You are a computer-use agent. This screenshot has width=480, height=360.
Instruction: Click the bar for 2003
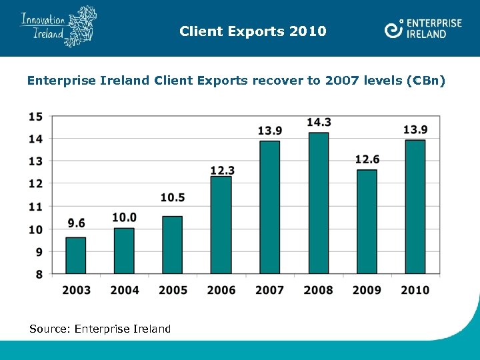(76, 255)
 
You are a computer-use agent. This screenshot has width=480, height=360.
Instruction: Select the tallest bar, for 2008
(319, 203)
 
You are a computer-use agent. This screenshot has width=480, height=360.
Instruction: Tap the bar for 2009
(367, 222)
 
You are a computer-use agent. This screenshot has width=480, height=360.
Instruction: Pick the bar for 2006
(221, 225)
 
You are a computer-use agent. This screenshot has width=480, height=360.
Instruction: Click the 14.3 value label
(319, 122)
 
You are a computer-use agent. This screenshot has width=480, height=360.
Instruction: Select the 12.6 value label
(367, 159)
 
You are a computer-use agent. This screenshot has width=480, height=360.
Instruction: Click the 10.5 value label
(173, 197)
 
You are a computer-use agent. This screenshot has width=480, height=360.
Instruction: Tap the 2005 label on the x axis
(173, 290)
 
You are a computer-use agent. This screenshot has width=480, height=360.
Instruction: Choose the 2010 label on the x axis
(415, 290)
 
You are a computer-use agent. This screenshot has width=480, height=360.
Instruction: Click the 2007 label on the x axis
(270, 290)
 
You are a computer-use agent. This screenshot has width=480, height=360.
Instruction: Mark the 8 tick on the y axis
(39, 274)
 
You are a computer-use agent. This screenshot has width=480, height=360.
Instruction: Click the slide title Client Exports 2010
(253, 31)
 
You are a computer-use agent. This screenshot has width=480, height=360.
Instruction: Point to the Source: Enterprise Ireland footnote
(100, 329)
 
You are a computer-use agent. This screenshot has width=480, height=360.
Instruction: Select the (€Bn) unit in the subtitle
(425, 81)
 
